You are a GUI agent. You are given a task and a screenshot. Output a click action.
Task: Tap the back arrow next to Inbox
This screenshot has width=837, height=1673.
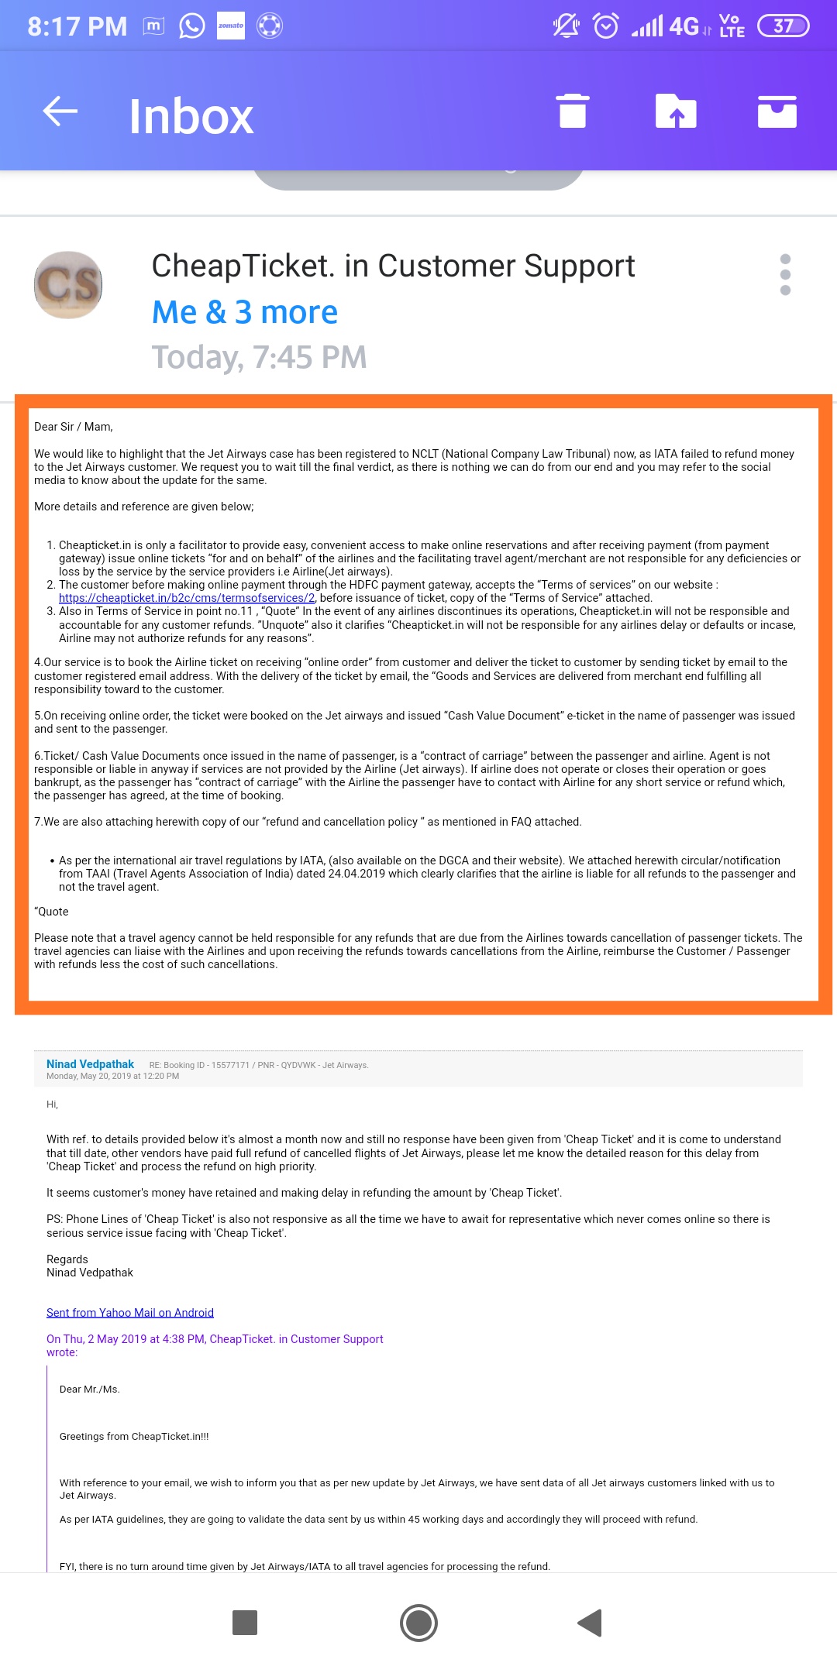pos(60,112)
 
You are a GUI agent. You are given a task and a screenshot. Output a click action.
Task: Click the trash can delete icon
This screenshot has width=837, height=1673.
pos(573,111)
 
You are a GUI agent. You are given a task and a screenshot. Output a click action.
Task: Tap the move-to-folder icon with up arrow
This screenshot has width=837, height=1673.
pos(676,111)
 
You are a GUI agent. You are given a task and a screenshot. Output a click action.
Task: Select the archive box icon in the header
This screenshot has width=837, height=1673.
pos(777,111)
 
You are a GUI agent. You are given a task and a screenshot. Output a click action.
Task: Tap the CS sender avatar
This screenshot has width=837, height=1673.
pos(68,284)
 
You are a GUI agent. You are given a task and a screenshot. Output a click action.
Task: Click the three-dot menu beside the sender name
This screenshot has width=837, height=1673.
pos(785,275)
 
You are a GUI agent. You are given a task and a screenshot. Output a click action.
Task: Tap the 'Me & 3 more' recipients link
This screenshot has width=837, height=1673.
pos(245,312)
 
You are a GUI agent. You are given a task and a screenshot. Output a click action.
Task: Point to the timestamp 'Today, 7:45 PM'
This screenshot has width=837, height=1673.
pos(259,357)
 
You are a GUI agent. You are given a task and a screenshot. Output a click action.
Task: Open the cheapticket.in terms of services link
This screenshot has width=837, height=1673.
pos(187,598)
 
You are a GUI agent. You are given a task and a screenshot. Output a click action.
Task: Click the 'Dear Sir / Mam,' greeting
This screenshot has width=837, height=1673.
pos(74,427)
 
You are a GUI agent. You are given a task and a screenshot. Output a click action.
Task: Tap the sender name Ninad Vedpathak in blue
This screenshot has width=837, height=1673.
pos(90,1064)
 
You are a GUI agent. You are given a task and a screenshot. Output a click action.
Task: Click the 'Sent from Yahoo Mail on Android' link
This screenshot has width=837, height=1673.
pos(130,1313)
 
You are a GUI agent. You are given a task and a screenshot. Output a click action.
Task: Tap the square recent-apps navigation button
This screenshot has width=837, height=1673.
pos(245,1622)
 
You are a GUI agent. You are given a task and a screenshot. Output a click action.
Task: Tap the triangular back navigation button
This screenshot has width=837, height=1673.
pos(590,1622)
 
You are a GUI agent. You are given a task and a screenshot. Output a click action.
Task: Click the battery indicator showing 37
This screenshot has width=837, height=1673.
pos(783,26)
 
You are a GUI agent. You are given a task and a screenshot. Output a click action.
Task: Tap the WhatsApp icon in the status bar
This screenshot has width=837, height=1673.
pos(191,26)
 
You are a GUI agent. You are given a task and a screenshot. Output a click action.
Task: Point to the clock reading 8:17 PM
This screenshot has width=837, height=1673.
pos(77,26)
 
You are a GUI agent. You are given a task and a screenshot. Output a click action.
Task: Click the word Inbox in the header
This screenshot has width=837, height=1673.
pos(191,116)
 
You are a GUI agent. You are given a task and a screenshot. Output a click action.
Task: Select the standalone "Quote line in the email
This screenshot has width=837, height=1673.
pos(51,912)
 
